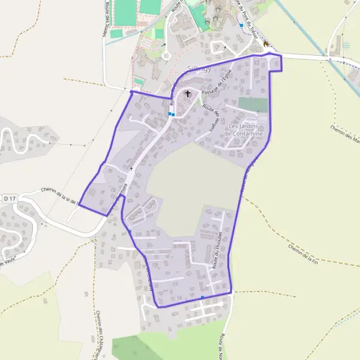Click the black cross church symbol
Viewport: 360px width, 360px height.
tap(188, 94)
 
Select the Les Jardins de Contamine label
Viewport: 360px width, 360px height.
tap(243, 130)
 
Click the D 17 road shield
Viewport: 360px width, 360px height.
tap(9, 198)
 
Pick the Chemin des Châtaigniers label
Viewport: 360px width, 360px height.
tap(100, 336)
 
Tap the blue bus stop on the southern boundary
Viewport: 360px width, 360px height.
tap(203, 297)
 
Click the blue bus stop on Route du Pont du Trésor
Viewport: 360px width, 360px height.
tap(241, 26)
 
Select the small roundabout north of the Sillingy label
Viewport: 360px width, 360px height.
tap(166, 56)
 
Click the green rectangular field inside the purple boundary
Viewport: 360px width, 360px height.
tap(253, 104)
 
